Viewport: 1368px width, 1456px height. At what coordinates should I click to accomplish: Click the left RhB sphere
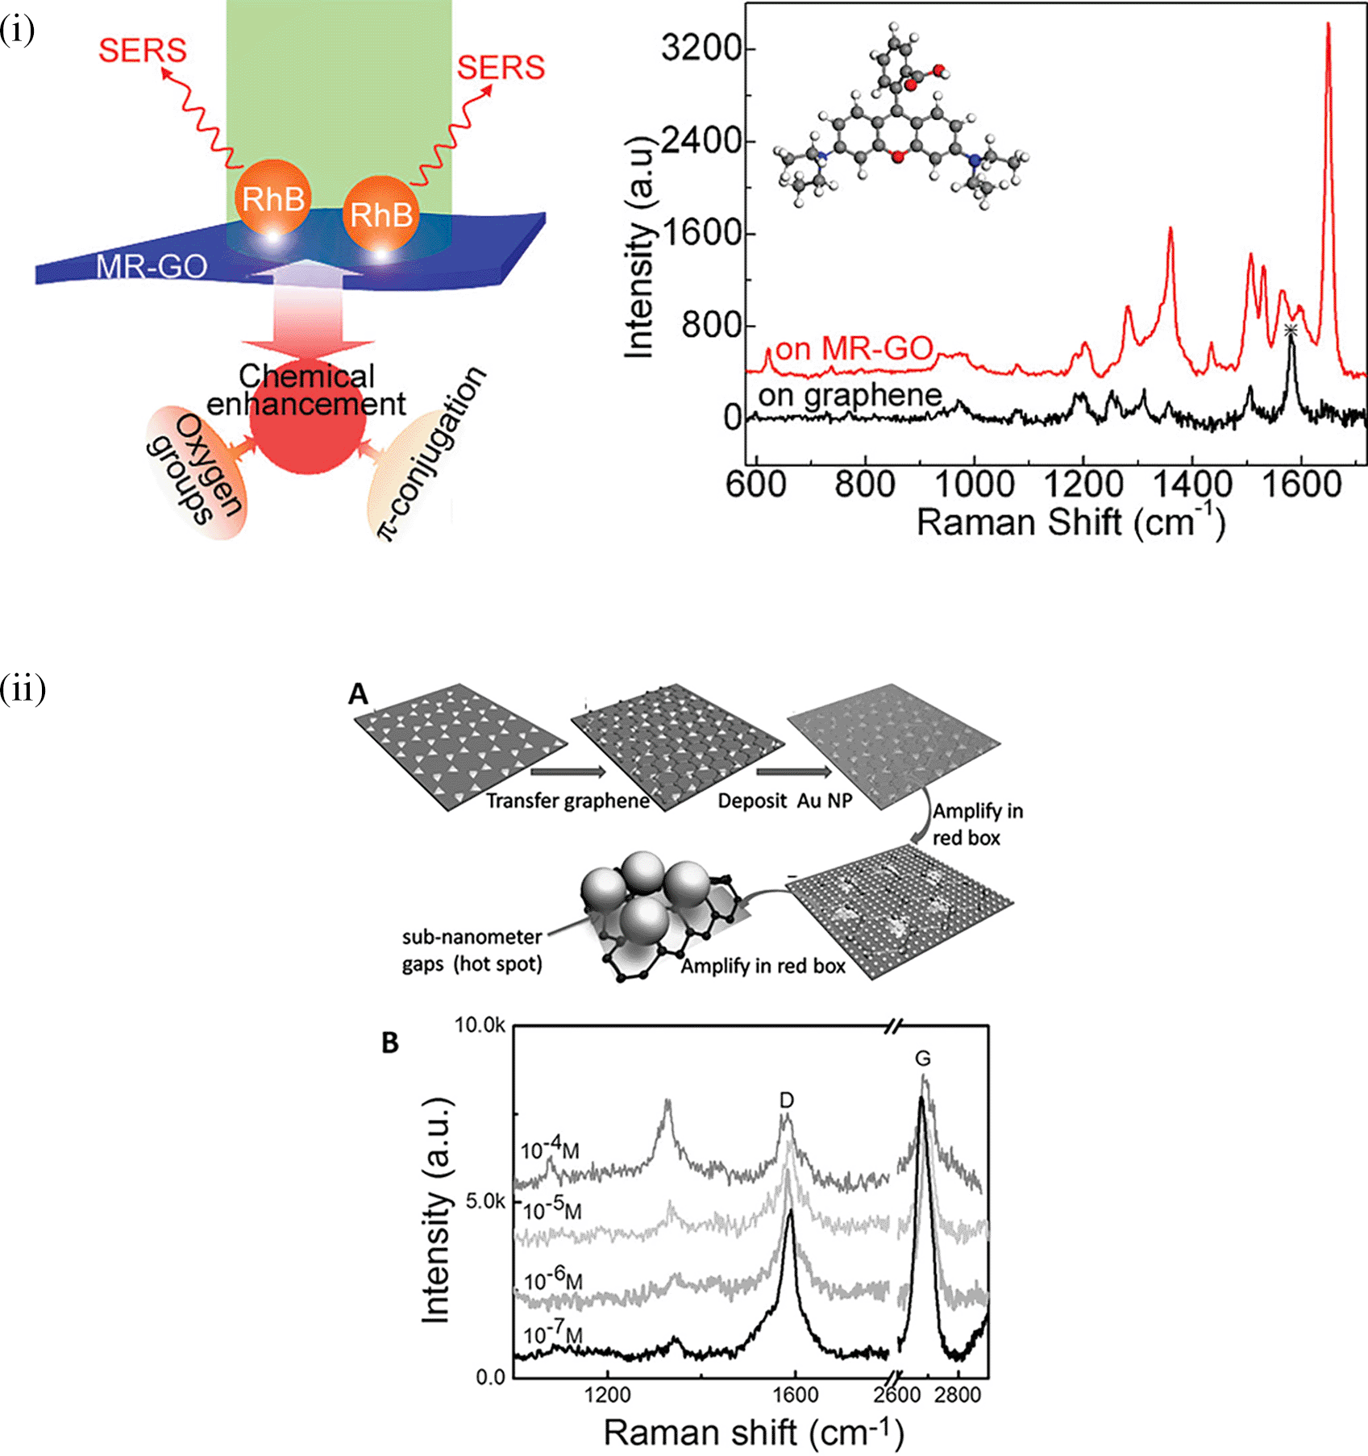273,198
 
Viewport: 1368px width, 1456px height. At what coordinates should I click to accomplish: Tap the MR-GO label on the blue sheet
152,266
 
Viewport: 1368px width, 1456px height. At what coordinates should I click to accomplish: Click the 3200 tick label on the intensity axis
701,48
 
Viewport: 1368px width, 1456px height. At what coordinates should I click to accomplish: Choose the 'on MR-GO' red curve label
854,349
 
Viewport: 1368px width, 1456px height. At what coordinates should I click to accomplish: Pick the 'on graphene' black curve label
850,395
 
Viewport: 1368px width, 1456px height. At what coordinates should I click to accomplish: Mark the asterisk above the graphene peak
1291,330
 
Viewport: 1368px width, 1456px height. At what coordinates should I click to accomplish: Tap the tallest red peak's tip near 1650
1328,25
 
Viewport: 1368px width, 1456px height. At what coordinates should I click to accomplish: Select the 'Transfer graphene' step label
568,801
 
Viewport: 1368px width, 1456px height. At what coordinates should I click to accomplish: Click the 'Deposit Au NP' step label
784,801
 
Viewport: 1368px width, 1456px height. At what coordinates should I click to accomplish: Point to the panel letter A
358,693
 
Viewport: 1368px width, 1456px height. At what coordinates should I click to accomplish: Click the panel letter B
390,1043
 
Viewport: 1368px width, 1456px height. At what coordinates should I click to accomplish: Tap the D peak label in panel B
787,1100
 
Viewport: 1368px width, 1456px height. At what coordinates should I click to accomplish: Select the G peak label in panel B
923,1059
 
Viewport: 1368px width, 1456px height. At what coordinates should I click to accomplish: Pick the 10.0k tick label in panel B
480,1025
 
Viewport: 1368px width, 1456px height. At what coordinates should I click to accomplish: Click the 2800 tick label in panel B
958,1395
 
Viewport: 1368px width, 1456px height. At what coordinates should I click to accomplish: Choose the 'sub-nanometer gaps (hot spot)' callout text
472,951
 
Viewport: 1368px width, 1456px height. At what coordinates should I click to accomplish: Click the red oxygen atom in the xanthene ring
897,156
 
